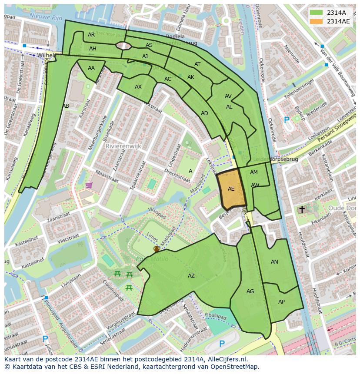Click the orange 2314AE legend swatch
(316, 21)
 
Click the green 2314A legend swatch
(316, 13)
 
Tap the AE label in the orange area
(231, 189)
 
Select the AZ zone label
(191, 276)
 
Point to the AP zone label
(281, 302)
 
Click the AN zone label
(274, 262)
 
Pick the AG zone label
(250, 291)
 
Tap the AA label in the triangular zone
(91, 68)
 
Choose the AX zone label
(138, 87)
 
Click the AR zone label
(91, 35)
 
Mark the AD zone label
(204, 113)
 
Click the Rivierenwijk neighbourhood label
(123, 146)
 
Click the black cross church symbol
(302, 209)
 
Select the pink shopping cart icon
(89, 185)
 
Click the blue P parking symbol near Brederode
(286, 120)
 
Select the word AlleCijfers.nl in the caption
(226, 359)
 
